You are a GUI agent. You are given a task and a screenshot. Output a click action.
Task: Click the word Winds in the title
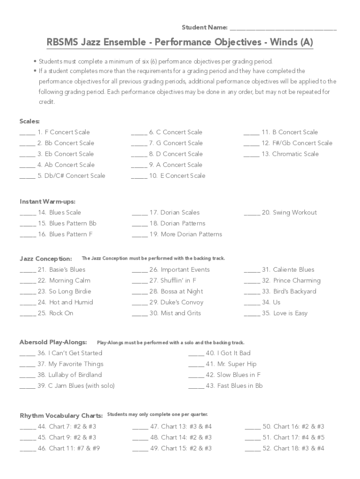282,43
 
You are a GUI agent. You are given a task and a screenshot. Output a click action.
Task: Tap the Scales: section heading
29,121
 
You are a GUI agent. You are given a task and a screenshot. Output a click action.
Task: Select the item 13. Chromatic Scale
295,154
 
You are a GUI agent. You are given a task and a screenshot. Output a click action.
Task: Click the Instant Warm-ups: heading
47,202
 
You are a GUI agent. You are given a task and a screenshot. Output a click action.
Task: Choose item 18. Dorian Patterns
177,224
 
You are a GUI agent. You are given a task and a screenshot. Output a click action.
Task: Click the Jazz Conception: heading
46,259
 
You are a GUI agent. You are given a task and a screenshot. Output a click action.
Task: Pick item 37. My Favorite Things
70,364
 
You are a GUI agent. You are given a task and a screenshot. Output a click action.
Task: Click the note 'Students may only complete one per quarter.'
158,414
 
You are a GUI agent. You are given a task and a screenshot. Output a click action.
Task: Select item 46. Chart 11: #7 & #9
68,448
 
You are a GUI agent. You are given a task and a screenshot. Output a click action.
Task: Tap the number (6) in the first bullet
140,61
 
